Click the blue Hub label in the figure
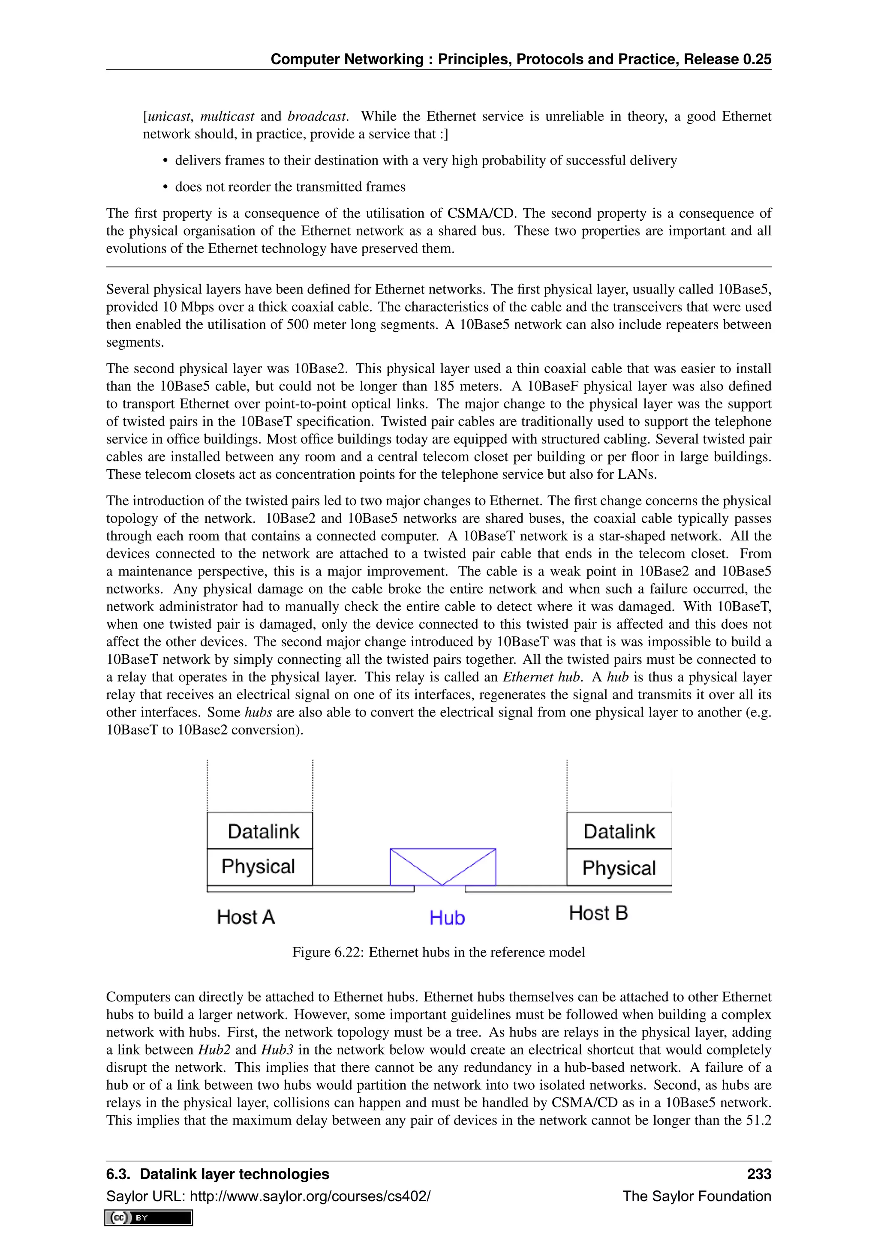click(x=447, y=918)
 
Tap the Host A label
click(x=246, y=917)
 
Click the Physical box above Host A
click(x=259, y=866)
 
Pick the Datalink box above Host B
click(x=619, y=831)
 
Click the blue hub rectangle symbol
click(x=443, y=866)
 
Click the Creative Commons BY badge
click(x=149, y=1218)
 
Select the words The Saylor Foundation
click(x=696, y=1196)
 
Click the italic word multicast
click(x=227, y=117)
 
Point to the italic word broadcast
click(x=317, y=117)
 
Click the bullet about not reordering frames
click(x=290, y=187)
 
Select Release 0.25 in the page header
click(x=727, y=60)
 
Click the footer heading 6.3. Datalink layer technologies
click(x=217, y=1174)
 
